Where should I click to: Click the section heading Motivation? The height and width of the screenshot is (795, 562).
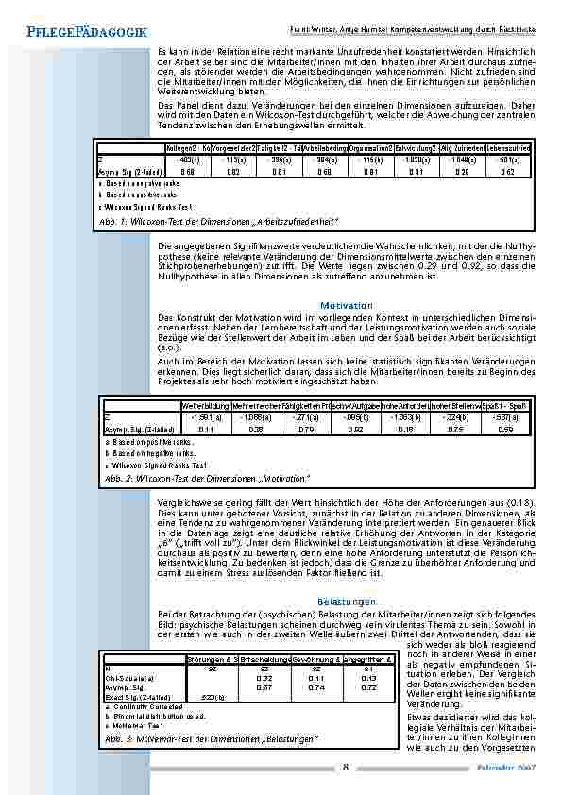tap(347, 305)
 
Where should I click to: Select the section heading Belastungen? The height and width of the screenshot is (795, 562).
tap(347, 601)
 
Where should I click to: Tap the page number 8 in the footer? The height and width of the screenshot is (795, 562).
tap(347, 767)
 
